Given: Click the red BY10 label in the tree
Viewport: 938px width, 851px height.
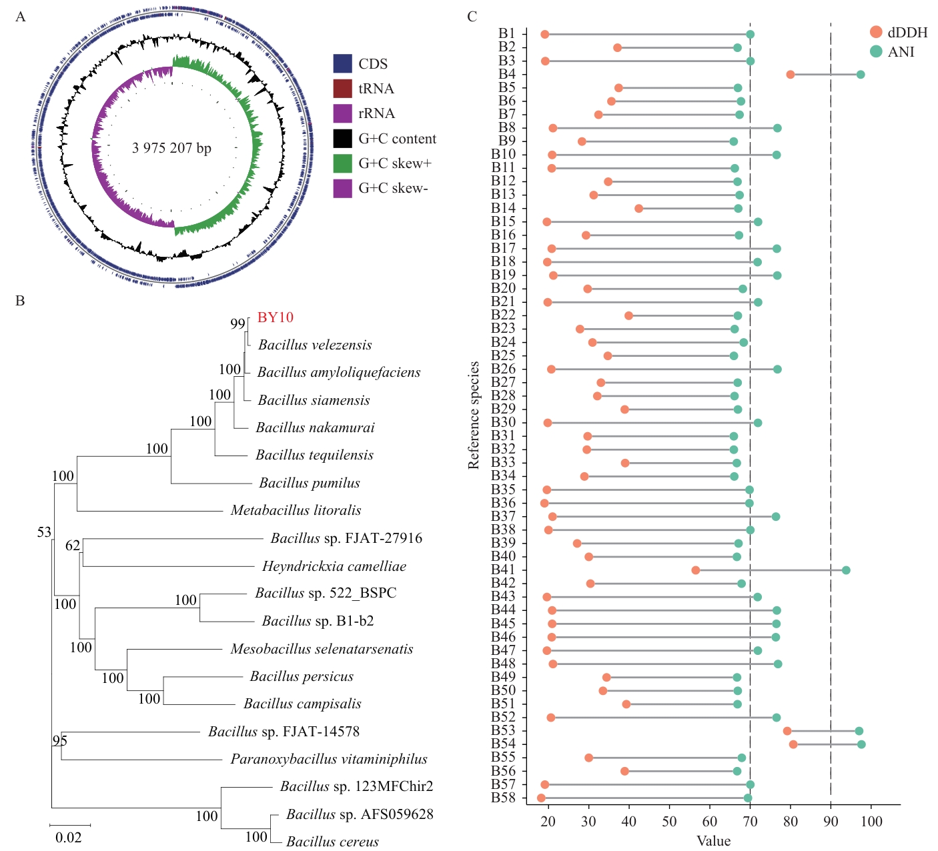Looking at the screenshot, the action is point(276,317).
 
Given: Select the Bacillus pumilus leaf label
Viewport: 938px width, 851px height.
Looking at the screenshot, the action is point(310,483).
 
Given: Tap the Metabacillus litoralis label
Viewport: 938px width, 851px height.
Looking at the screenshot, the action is point(296,510).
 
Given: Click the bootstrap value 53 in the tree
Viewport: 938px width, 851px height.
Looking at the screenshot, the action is point(44,532).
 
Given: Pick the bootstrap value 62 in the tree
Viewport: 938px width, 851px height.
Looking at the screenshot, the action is point(73,545).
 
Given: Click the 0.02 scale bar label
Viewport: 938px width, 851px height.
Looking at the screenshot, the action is point(68,838).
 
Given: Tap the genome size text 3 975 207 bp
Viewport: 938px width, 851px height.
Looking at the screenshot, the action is point(171,148).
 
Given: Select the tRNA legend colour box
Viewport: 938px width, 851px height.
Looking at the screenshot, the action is point(342,89).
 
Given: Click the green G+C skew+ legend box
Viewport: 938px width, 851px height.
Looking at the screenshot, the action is point(342,163).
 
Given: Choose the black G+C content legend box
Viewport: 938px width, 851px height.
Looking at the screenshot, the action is point(342,139).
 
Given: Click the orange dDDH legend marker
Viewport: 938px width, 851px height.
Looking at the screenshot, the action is point(876,32).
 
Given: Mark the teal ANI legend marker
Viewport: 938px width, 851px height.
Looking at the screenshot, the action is point(876,51).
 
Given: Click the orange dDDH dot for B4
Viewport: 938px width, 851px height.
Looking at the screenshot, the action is point(791,75).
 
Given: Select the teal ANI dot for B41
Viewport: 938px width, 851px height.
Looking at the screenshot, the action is point(846,570).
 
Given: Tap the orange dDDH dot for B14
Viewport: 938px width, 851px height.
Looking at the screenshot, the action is point(638,209).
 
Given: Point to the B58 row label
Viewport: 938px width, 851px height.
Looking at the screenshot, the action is point(503,798).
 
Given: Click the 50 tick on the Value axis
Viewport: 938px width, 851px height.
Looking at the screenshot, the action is point(669,822).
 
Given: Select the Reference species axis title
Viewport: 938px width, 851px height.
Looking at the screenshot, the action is point(474,415).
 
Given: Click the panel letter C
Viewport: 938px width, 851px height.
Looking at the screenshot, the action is point(472,17).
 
